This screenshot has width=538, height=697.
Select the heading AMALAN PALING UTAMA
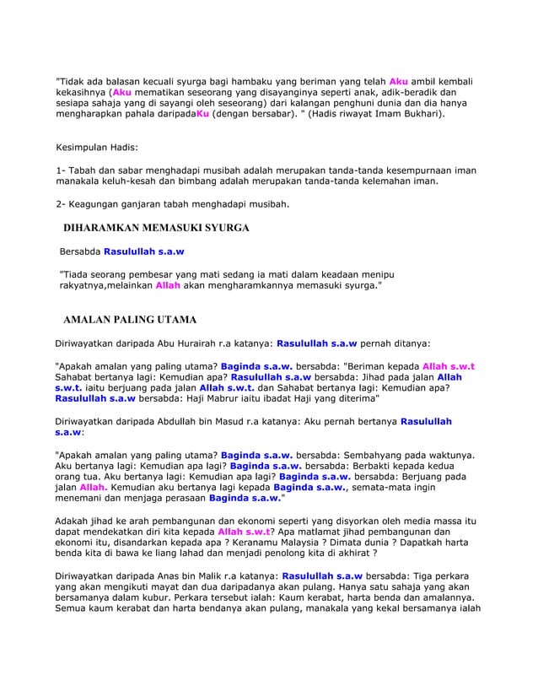(x=136, y=320)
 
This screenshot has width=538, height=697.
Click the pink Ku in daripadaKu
(x=202, y=112)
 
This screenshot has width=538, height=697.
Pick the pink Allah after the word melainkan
(x=169, y=286)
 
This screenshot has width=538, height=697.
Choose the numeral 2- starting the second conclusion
(x=61, y=203)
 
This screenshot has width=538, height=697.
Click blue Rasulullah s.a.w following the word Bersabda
(x=144, y=251)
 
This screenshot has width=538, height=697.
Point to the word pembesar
(x=160, y=275)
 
